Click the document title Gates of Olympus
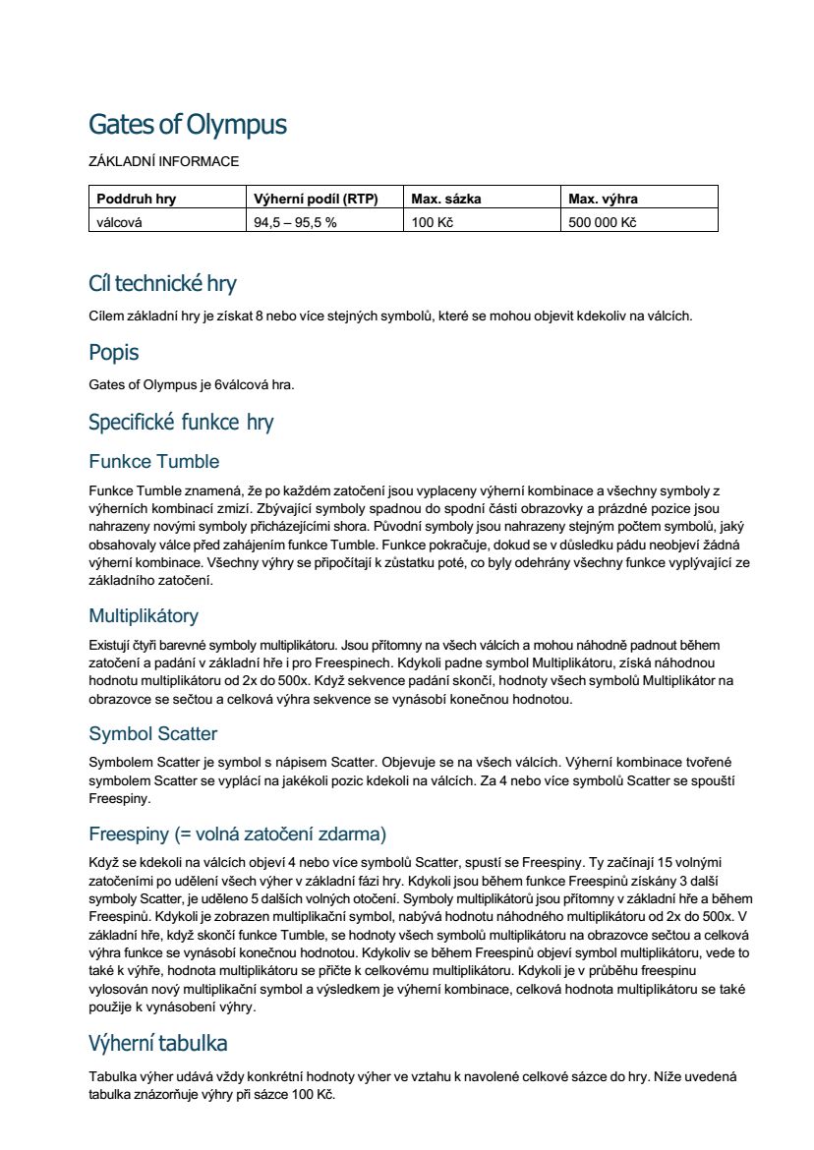coord(188,125)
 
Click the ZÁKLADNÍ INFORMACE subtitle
coord(163,161)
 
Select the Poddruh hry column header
coord(136,199)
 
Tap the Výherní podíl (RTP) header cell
coord(308,199)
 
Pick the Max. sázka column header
coord(446,199)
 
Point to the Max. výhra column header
coord(604,199)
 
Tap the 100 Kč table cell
coord(433,222)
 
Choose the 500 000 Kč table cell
coord(603,222)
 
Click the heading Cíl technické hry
coord(162,284)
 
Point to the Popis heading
coord(114,353)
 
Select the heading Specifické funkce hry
coord(181,423)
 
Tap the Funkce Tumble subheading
coord(154,462)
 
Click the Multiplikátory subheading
coord(144,616)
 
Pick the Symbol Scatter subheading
coord(153,734)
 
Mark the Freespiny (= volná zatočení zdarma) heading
coord(238,834)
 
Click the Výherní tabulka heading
coord(158,1042)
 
